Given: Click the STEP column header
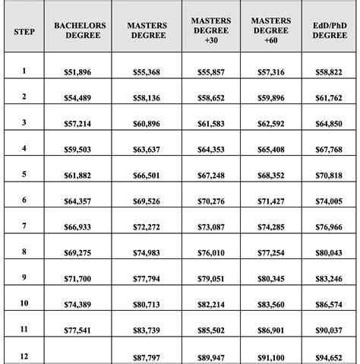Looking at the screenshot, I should click(x=24, y=34).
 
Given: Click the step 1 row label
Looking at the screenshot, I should click(x=24, y=71).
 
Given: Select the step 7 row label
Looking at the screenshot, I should click(x=24, y=226).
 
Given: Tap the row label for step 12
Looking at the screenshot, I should click(x=24, y=356).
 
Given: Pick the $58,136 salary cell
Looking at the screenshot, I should click(x=146, y=97).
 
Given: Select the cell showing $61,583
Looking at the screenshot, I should click(x=211, y=123).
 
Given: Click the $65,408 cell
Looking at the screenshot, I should click(x=270, y=149).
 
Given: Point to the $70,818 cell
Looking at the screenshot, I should click(x=329, y=175).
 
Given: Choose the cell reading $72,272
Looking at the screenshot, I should click(x=146, y=226).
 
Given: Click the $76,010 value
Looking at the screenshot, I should click(x=211, y=252).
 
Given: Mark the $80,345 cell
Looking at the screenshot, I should click(x=270, y=278).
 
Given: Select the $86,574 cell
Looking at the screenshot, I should click(x=329, y=304).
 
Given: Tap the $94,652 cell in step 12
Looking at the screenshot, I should click(x=329, y=356).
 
